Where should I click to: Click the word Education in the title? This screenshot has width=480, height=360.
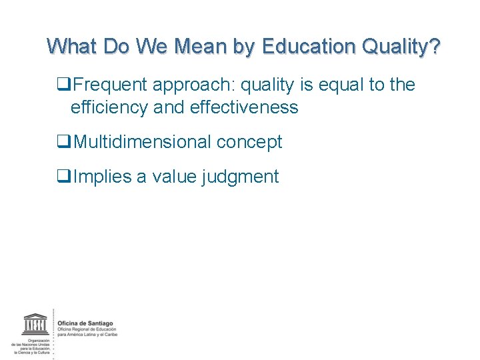coord(309,47)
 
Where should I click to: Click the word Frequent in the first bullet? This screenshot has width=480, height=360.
coord(111,85)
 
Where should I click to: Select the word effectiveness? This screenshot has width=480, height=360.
coord(244,107)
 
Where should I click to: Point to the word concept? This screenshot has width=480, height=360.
coord(256,142)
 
